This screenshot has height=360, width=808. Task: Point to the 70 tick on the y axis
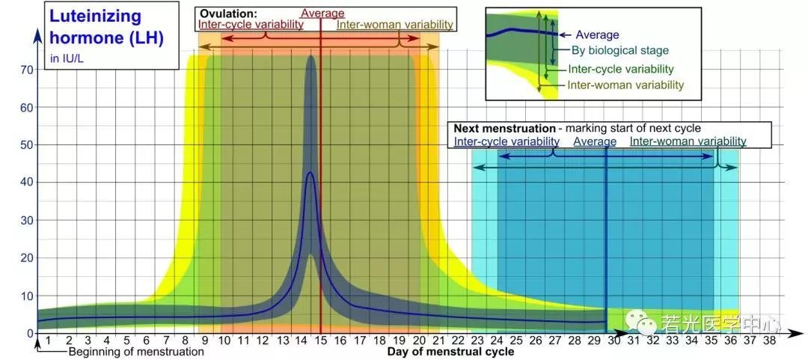[x=27, y=70]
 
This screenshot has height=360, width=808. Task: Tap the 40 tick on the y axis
[x=27, y=183]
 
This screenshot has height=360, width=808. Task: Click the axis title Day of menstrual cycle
[x=450, y=352]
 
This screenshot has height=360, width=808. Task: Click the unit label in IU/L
[x=67, y=58]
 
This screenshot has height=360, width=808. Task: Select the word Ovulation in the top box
[x=227, y=13]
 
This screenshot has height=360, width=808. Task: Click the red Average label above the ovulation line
[x=322, y=13]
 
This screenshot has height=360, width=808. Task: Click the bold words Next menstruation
[x=504, y=128]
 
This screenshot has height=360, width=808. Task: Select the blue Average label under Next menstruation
[x=595, y=141]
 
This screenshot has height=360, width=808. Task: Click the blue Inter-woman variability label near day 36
[x=688, y=141]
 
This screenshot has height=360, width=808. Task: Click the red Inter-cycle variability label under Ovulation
[x=251, y=25]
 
